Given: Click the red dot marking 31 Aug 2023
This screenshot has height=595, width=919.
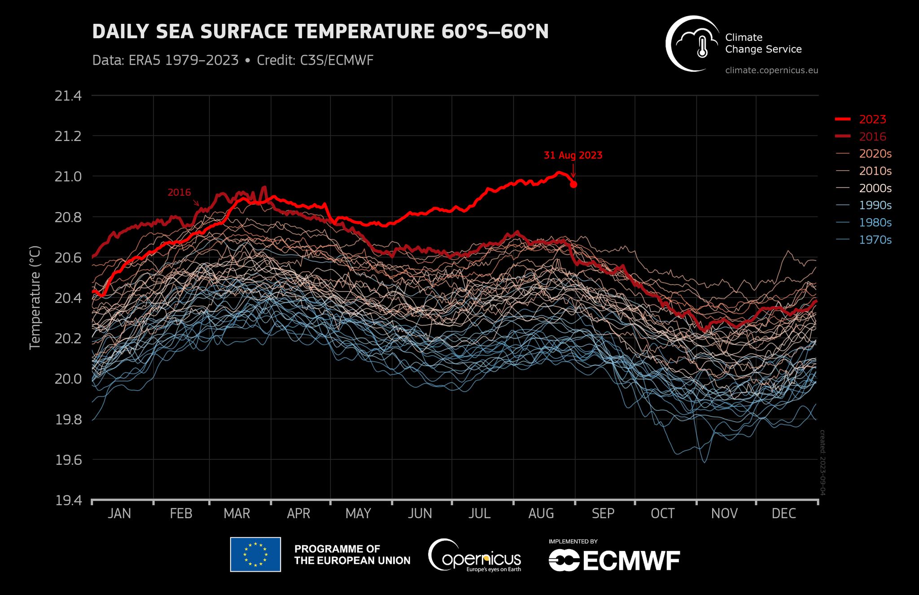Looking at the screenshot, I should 573,184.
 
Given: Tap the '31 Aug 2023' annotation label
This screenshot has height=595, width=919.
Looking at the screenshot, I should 573,155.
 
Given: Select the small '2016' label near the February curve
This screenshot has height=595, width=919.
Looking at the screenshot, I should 179,193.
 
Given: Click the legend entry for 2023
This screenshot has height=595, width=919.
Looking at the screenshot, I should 872,119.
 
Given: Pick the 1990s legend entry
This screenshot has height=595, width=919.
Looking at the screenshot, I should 875,205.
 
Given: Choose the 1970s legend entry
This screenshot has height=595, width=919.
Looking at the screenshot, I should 875,240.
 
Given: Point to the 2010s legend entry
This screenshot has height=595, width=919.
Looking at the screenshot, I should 875,171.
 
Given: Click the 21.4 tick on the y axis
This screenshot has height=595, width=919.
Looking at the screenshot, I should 68,96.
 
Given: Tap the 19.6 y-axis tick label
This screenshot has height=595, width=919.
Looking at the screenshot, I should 68,460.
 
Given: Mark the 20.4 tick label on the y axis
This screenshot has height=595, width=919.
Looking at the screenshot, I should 68,298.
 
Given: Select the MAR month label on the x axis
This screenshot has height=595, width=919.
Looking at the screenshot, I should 237,513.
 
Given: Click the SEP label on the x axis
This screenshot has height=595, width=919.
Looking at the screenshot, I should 603,513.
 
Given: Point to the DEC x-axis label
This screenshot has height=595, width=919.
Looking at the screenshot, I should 783,513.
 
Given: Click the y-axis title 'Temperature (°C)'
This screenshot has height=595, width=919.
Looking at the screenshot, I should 35,297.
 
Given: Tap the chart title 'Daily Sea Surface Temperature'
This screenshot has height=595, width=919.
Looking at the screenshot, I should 320,32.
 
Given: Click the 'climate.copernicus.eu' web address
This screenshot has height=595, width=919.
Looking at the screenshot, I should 771,70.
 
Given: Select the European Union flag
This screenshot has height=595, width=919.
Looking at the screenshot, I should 255,555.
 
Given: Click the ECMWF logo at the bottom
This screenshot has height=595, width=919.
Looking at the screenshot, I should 614,560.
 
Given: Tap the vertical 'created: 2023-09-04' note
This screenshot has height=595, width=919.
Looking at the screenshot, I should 823,463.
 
